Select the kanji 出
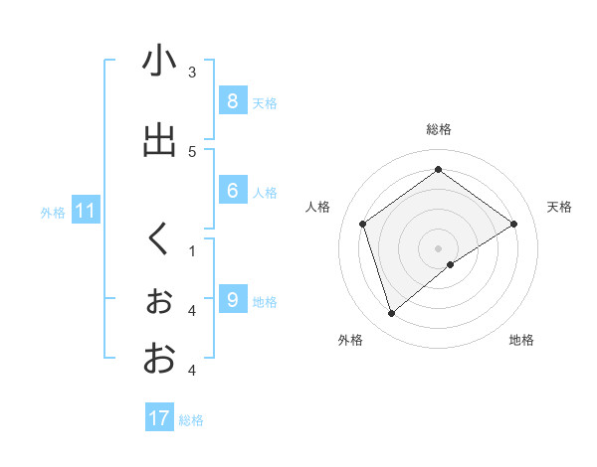pyautogui.click(x=159, y=141)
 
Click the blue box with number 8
pyautogui.click(x=232, y=100)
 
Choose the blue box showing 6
pyautogui.click(x=232, y=191)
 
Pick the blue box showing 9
pyautogui.click(x=232, y=299)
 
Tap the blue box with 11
pyautogui.click(x=86, y=211)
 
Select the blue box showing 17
pyautogui.click(x=159, y=418)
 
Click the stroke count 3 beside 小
pyautogui.click(x=192, y=72)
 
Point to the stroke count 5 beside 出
pyautogui.click(x=192, y=151)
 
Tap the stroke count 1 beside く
pyautogui.click(x=192, y=250)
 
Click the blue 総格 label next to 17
pyautogui.click(x=191, y=420)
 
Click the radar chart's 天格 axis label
pyautogui.click(x=559, y=207)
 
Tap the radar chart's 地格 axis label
pyautogui.click(x=521, y=340)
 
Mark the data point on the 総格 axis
pyautogui.click(x=438, y=169)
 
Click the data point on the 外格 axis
pyautogui.click(x=391, y=314)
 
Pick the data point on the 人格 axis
pyautogui.click(x=363, y=224)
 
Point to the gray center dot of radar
pyautogui.click(x=438, y=247)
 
